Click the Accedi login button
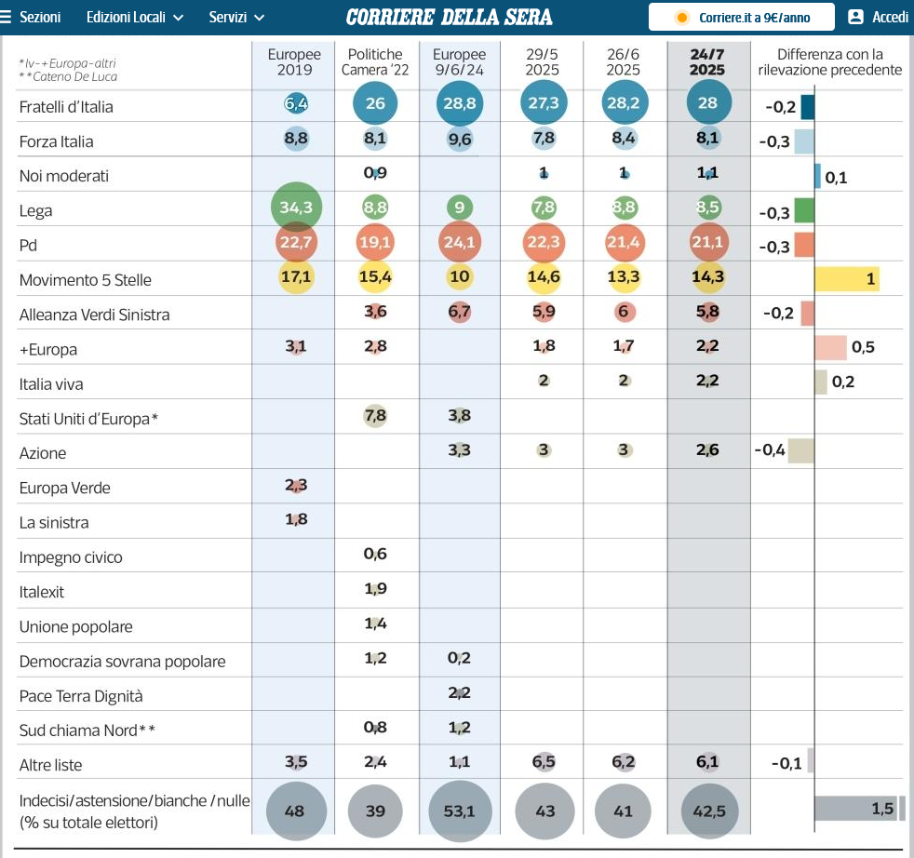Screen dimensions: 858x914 878,18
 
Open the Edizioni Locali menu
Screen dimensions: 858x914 135,18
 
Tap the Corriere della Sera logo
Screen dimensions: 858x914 449,18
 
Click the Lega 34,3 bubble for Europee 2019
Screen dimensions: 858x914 296,208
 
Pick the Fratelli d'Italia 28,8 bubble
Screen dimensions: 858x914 459,103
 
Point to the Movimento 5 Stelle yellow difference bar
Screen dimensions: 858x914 846,278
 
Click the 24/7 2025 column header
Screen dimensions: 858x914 707,62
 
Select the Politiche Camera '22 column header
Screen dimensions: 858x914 375,62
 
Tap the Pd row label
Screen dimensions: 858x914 32,246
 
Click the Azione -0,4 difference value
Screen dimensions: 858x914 770,451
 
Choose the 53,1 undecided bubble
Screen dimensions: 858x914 459,811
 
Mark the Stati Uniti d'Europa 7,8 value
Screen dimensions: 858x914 375,416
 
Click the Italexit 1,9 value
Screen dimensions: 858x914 375,589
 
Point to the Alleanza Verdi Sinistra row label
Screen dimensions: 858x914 94,315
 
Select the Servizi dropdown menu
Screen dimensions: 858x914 236,18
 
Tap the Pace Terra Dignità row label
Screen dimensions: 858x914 81,696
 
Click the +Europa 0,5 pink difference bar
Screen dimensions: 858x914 830,347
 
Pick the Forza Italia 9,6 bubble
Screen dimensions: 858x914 459,141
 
